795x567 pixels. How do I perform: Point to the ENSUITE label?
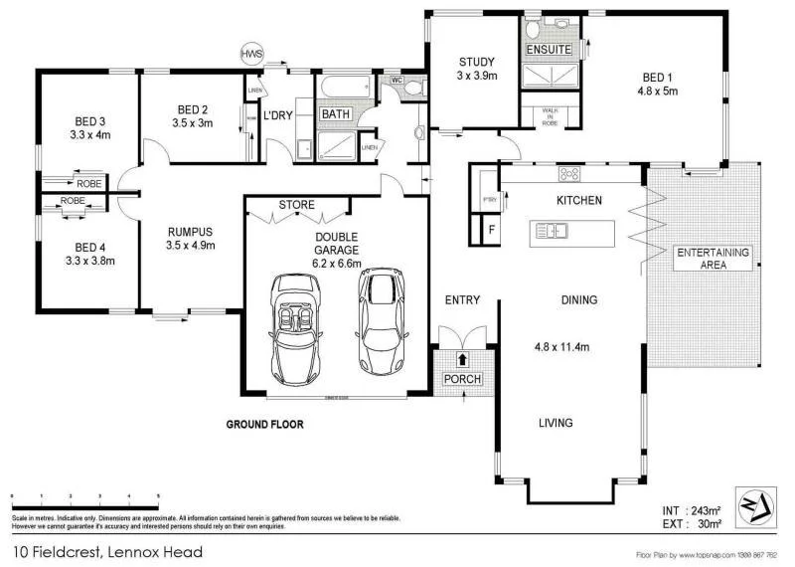click(x=548, y=49)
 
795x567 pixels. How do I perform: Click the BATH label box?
click(x=335, y=114)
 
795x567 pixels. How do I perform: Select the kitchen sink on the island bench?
click(x=551, y=232)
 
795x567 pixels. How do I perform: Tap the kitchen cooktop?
click(x=569, y=174)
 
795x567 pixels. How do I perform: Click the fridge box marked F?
click(x=489, y=231)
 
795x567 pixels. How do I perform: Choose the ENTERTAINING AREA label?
click(x=714, y=259)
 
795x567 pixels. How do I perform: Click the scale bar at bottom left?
click(x=84, y=495)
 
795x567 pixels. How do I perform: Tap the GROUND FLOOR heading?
click(x=263, y=424)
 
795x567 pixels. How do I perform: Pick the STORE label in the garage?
click(x=296, y=205)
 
